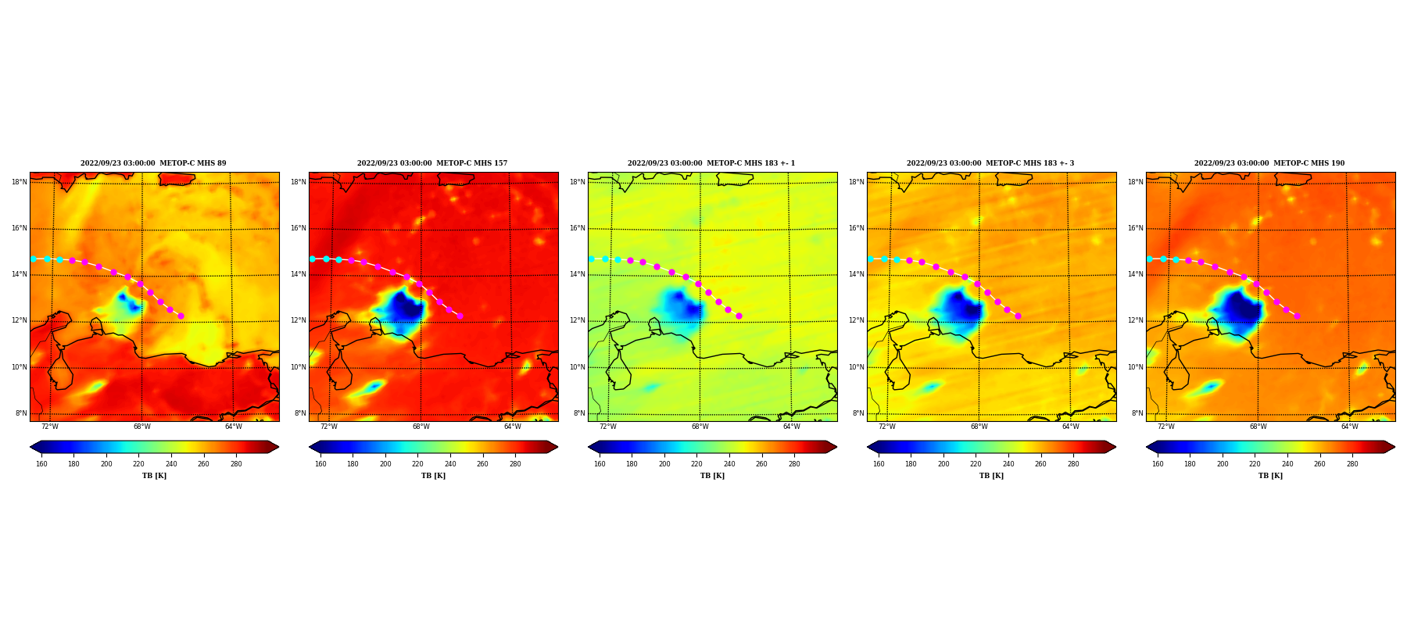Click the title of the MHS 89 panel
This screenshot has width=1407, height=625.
point(153,163)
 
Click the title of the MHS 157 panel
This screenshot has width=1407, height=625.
point(432,163)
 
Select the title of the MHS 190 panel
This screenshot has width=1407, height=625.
point(1269,163)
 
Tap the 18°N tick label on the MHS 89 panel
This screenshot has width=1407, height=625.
point(20,182)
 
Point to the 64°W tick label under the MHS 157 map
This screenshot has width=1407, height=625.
point(512,427)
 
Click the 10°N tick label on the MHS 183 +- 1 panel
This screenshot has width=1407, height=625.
point(577,367)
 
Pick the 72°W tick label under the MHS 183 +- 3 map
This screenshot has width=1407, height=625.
point(886,427)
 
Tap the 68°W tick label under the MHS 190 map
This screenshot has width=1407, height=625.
point(1258,427)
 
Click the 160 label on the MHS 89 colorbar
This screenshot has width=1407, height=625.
point(41,464)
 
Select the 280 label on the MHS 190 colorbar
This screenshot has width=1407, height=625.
point(1352,464)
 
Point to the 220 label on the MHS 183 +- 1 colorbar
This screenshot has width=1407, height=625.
point(696,464)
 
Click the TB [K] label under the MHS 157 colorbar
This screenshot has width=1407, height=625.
point(433,476)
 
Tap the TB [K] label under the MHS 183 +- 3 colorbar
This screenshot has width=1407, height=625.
point(991,476)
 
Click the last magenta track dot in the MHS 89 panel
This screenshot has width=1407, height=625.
point(181,316)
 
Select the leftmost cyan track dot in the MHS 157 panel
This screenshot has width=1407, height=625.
point(312,259)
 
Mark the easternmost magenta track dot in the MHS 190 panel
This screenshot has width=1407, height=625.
point(1297,316)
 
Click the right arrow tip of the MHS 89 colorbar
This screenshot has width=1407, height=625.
point(278,447)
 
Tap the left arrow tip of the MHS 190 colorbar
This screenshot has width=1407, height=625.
point(1147,447)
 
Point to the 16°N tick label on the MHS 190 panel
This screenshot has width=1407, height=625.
point(1136,228)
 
